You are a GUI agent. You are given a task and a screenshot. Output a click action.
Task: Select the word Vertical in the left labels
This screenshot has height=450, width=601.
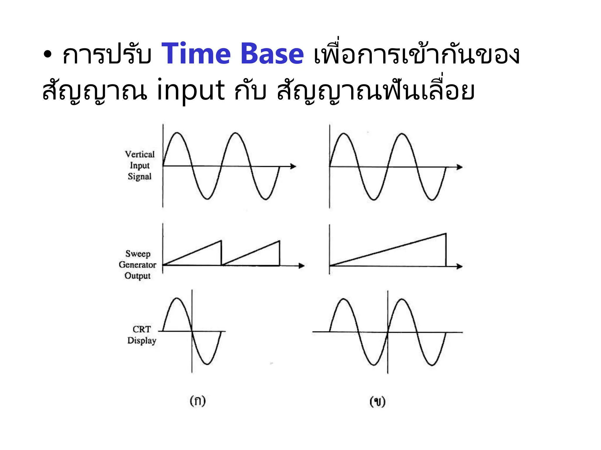(x=140, y=154)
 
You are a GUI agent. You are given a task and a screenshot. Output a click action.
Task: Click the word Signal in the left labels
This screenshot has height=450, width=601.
(x=140, y=176)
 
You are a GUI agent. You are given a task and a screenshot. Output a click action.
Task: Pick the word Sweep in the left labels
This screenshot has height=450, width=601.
(x=138, y=253)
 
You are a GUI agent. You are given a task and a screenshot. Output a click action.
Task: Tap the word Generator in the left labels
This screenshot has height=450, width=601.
(x=137, y=265)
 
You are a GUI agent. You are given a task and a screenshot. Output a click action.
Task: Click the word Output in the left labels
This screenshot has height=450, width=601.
(x=137, y=276)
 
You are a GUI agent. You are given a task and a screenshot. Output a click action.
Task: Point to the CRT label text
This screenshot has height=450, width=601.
(x=142, y=329)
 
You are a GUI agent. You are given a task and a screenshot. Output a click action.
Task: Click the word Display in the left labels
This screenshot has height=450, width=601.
(x=142, y=340)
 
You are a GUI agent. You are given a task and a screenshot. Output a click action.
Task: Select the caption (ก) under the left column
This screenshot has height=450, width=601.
(x=198, y=400)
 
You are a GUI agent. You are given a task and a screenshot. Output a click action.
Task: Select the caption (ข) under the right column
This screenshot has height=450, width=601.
(x=377, y=401)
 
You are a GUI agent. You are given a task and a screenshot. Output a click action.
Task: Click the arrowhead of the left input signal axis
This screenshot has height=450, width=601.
(x=293, y=166)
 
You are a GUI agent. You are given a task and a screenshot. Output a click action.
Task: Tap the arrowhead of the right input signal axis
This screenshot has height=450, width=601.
(x=460, y=167)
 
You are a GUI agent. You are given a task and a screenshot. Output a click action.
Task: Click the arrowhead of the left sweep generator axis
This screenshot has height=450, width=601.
(x=302, y=266)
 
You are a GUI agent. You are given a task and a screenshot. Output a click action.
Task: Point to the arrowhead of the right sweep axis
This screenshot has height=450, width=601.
(x=460, y=266)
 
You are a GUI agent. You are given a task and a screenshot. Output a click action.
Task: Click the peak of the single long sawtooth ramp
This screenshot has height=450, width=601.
(x=446, y=233)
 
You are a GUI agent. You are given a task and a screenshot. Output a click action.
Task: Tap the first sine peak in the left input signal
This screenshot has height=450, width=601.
(x=177, y=133)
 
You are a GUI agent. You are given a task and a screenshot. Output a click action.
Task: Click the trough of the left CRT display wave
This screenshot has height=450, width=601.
(x=207, y=364)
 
